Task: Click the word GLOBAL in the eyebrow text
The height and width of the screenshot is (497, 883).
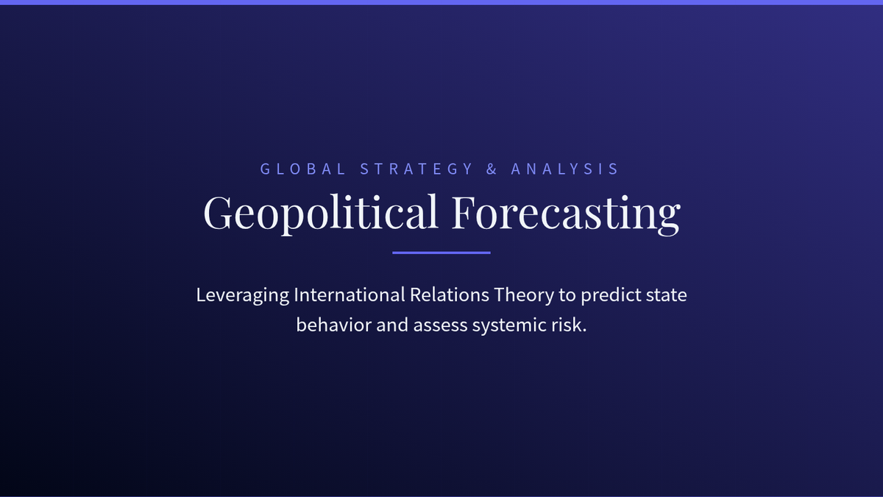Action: pyautogui.click(x=302, y=169)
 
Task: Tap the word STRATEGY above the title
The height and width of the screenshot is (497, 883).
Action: pyautogui.click(x=416, y=169)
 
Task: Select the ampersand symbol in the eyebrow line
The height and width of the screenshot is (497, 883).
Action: pyautogui.click(x=492, y=169)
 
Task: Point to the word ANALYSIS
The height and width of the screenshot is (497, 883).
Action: pyautogui.click(x=564, y=169)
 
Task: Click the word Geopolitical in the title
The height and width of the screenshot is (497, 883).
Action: pyautogui.click(x=321, y=213)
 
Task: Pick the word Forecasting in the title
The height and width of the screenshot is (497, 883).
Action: pyautogui.click(x=566, y=213)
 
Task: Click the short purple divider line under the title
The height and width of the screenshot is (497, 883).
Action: pyautogui.click(x=441, y=253)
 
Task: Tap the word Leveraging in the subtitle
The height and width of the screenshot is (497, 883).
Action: pyautogui.click(x=242, y=295)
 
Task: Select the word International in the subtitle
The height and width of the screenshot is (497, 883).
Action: pyautogui.click(x=350, y=295)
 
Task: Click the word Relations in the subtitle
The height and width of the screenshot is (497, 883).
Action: pyautogui.click(x=450, y=295)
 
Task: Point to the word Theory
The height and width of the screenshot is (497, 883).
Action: pyautogui.click(x=524, y=295)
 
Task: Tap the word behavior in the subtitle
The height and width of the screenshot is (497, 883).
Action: pyautogui.click(x=333, y=325)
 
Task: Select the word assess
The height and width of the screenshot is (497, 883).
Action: pyautogui.click(x=440, y=325)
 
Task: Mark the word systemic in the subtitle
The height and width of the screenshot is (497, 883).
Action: pyautogui.click(x=509, y=325)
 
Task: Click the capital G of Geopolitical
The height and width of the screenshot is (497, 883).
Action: pyautogui.click(x=217, y=212)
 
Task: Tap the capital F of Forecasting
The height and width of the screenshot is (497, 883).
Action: pyautogui.click(x=462, y=212)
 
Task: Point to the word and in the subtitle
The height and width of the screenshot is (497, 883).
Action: pyautogui.click(x=391, y=325)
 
